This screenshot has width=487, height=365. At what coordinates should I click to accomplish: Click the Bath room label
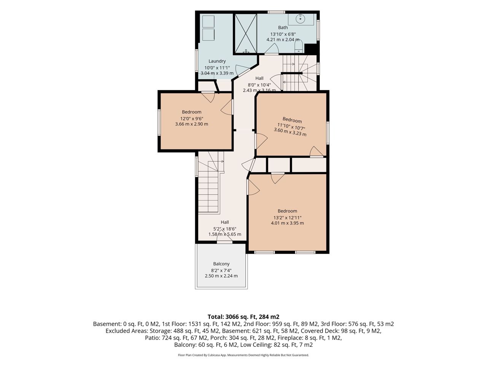click(x=283, y=27)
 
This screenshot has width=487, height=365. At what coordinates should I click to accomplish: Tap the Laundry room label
click(x=217, y=61)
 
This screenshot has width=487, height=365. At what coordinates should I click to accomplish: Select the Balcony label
click(x=221, y=264)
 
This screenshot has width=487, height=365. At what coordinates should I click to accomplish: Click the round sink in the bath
click(x=301, y=19)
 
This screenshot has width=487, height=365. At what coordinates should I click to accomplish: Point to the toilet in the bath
click(x=299, y=47)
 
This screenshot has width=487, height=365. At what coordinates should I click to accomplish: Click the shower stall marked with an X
click(x=246, y=33)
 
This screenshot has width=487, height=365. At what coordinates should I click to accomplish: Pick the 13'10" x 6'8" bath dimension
click(x=283, y=34)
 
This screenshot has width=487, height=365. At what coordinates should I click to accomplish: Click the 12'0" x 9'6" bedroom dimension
click(x=192, y=119)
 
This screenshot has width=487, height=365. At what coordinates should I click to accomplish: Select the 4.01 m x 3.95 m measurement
click(x=287, y=223)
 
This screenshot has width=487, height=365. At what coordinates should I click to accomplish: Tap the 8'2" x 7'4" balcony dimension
click(x=221, y=270)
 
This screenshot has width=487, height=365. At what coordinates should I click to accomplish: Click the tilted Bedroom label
click(x=292, y=120)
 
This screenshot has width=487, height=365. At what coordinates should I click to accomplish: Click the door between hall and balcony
click(x=224, y=238)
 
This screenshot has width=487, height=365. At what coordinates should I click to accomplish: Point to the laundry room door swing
click(x=242, y=70)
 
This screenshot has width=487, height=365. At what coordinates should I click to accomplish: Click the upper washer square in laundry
click(x=208, y=22)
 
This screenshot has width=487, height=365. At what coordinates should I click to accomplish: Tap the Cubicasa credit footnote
click(x=243, y=355)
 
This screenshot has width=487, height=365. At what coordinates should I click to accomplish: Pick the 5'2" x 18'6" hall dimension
click(x=225, y=229)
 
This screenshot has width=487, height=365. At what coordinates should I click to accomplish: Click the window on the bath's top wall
click(x=276, y=12)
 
